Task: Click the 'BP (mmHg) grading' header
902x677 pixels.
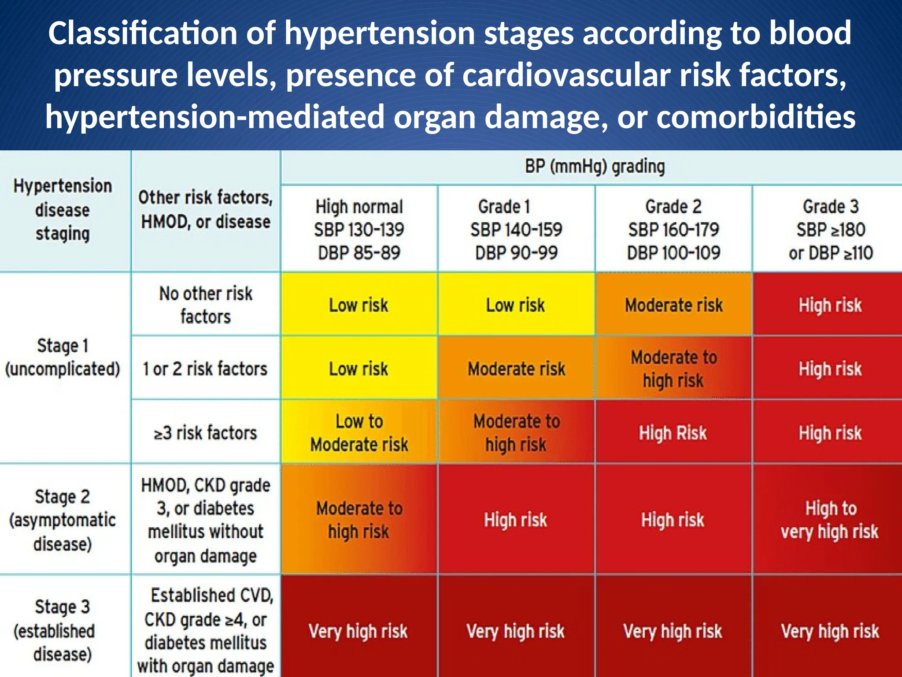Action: tap(595, 167)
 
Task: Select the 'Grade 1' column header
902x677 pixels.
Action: tap(516, 229)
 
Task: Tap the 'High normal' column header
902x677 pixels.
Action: tap(359, 229)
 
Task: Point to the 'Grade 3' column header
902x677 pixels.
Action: tap(830, 229)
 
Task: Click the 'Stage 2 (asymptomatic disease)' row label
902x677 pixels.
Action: tap(63, 520)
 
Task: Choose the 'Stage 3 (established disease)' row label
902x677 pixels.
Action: tap(63, 630)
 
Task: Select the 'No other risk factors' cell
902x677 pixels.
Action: tap(206, 305)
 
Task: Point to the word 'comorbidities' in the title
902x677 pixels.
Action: tap(756, 117)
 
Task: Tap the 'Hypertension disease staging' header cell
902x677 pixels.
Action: tap(63, 210)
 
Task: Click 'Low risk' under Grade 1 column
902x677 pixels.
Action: tap(515, 305)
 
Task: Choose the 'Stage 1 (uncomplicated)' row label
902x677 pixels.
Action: tap(63, 357)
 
